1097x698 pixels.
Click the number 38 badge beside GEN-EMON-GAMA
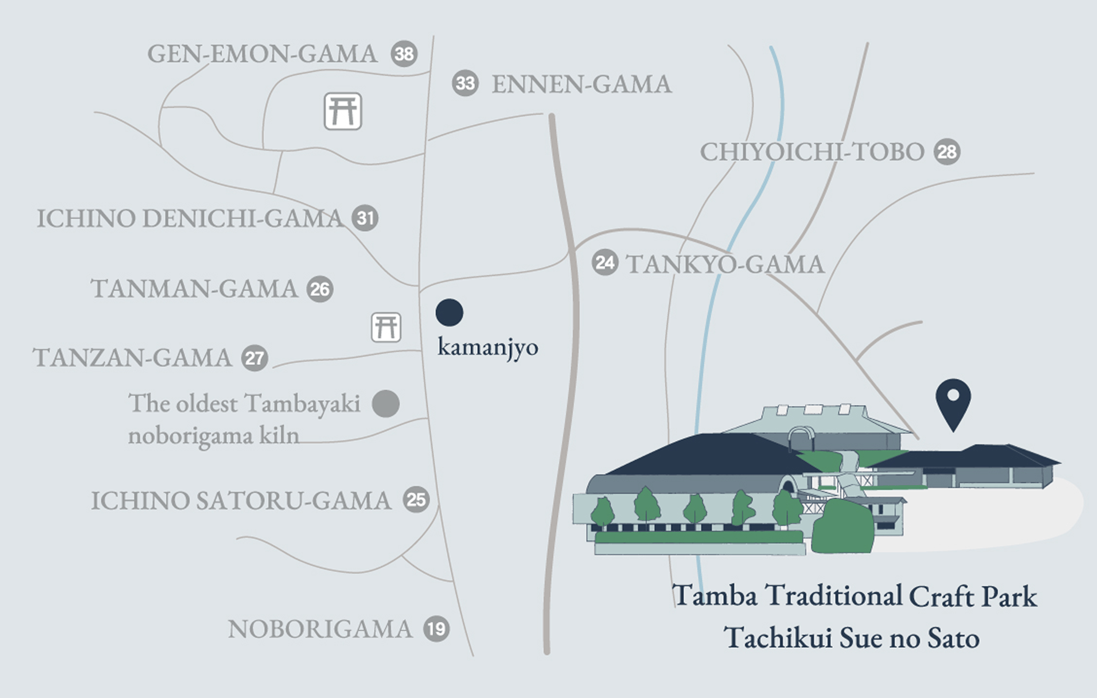click(404, 53)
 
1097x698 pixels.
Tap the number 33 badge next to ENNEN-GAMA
click(465, 83)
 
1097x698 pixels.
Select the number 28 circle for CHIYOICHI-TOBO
click(946, 152)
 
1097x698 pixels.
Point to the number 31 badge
click(365, 218)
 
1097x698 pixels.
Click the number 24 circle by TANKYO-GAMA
click(604, 263)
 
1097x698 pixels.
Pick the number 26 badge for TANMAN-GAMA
click(319, 289)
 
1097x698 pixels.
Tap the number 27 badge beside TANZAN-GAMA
click(254, 358)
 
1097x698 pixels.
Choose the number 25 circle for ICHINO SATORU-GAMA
click(416, 500)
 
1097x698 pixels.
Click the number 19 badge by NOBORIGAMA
click(436, 629)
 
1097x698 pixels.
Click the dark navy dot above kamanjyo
click(449, 312)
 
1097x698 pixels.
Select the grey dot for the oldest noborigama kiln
click(386, 403)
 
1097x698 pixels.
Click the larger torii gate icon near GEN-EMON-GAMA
click(343, 111)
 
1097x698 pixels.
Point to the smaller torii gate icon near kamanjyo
click(386, 327)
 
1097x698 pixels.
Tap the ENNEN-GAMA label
click(582, 84)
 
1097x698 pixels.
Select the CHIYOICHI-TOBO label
click(812, 152)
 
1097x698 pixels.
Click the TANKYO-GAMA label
click(725, 264)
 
